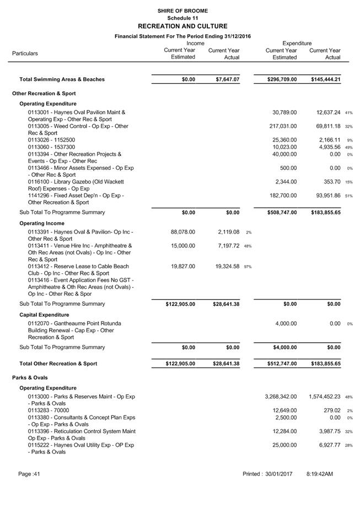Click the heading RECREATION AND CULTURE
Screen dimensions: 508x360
pyautogui.click(x=182, y=26)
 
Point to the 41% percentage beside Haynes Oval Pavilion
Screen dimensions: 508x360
pyautogui.click(x=348, y=113)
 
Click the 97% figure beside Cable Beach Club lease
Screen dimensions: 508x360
pyautogui.click(x=248, y=267)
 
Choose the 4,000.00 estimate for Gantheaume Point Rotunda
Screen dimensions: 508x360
pyautogui.click(x=286, y=323)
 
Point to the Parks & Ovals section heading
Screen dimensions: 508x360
pyautogui.click(x=30, y=377)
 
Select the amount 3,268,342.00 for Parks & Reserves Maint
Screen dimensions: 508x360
pyautogui.click(x=281, y=397)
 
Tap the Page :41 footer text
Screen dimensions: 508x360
pyautogui.click(x=29, y=474)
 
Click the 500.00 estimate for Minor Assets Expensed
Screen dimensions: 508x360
pyautogui.click(x=288, y=168)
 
